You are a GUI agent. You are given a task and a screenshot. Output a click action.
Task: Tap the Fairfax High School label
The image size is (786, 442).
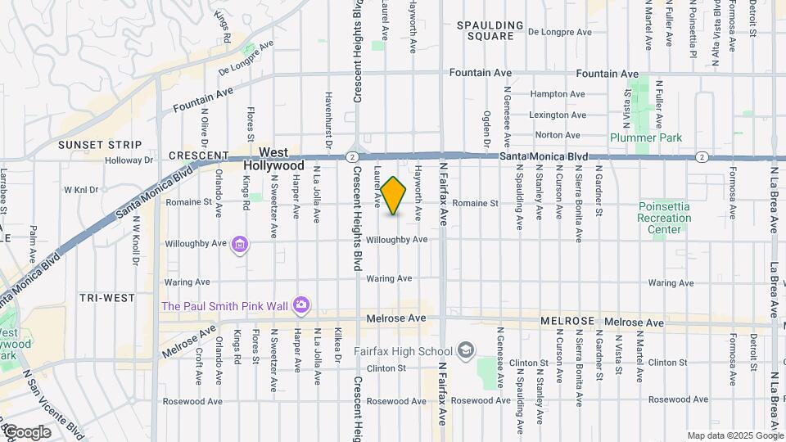point(403,351)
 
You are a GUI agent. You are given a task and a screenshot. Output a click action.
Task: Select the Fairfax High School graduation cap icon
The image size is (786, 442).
point(466,350)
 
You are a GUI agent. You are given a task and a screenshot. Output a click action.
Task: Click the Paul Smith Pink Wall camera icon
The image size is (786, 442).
point(301,305)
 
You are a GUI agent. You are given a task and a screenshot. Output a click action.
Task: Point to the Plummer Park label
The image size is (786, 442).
point(645,138)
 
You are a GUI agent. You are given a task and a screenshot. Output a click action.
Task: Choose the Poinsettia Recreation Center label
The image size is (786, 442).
point(664,218)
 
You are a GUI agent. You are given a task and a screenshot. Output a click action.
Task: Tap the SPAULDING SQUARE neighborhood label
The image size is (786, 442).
point(490,30)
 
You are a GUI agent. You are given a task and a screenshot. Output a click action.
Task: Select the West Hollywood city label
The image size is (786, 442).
point(273,159)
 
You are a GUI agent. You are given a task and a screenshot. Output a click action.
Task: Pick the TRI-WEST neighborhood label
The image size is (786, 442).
point(107,298)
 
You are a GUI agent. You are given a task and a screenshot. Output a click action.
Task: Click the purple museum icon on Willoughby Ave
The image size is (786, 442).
point(240,244)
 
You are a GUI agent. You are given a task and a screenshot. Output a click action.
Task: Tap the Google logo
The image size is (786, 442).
point(26,432)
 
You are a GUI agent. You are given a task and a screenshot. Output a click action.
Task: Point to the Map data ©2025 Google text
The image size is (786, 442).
point(735,435)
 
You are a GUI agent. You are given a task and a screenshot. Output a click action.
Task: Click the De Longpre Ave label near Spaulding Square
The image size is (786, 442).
point(559,33)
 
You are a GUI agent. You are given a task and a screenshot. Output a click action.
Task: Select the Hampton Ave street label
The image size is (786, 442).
point(558,94)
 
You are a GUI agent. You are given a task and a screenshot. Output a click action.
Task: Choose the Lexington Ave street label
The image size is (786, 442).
point(558,115)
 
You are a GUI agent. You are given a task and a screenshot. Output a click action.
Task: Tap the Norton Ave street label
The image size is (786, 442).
point(558,135)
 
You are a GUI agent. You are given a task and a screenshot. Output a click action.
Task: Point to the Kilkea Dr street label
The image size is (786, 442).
point(337,346)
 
